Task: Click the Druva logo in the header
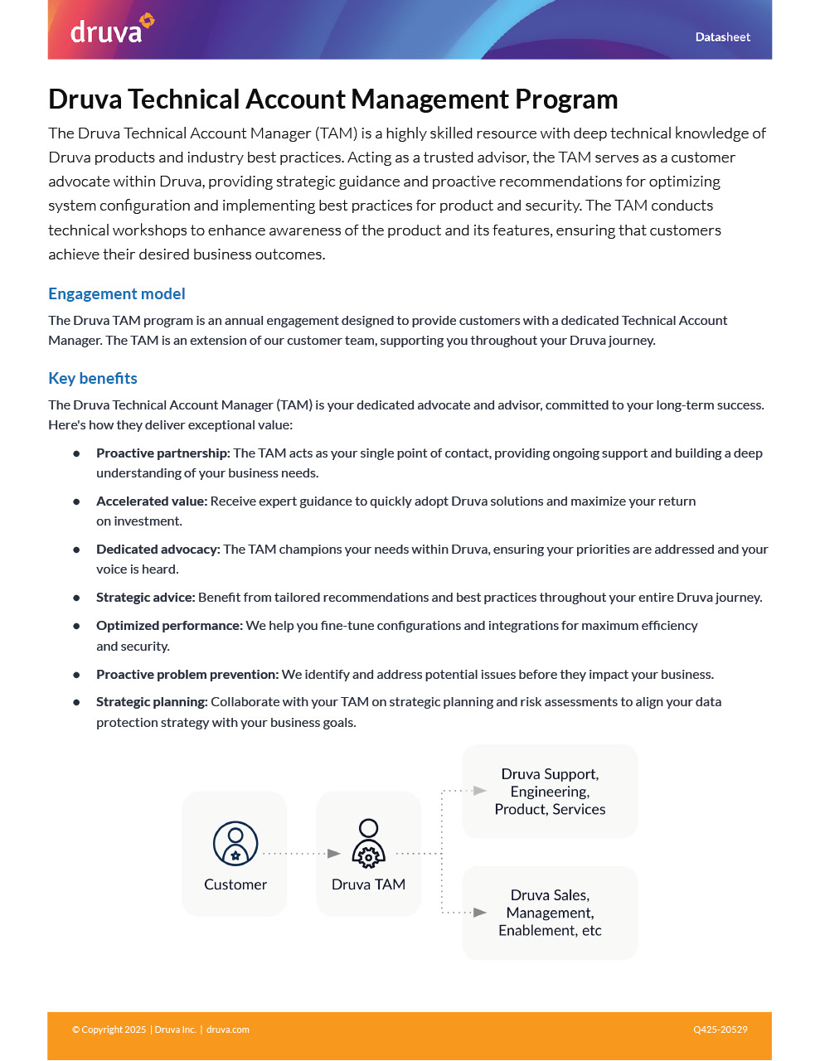(111, 30)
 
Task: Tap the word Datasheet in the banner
(722, 37)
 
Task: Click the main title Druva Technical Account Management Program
(332, 99)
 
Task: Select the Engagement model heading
(116, 293)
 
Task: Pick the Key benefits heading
(93, 378)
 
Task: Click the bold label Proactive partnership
(163, 453)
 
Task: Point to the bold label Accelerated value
(151, 501)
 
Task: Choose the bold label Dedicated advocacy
(158, 550)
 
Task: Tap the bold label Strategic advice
(145, 598)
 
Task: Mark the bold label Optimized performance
(169, 626)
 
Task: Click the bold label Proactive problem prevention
(187, 675)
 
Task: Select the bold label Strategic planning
(152, 702)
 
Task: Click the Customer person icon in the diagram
(235, 843)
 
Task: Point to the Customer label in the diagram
(235, 884)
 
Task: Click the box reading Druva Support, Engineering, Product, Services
(550, 792)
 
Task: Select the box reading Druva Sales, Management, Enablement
(550, 913)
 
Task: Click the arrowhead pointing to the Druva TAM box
(334, 853)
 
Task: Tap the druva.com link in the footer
(228, 1030)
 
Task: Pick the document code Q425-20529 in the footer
(720, 1030)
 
